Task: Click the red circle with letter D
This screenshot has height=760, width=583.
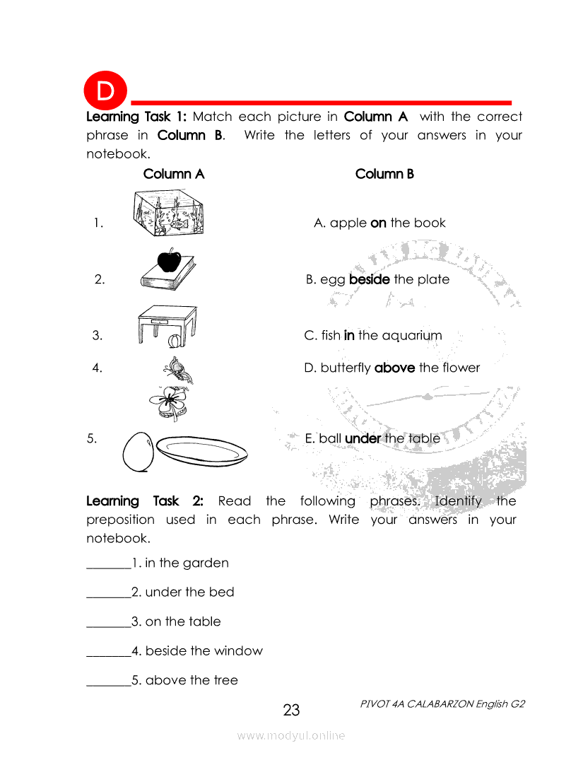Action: click(x=105, y=91)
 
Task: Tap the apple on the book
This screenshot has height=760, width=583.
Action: click(x=169, y=260)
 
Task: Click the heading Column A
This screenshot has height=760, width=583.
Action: click(x=174, y=174)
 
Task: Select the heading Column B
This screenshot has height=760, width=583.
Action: click(x=384, y=174)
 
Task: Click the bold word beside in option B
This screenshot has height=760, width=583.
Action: click(x=370, y=279)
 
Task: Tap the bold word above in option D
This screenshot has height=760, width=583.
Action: click(x=394, y=368)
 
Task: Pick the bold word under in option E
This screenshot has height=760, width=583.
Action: click(x=363, y=438)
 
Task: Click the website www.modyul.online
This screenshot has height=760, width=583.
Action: click(x=291, y=735)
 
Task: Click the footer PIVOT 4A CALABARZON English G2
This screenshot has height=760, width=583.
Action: click(x=442, y=704)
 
